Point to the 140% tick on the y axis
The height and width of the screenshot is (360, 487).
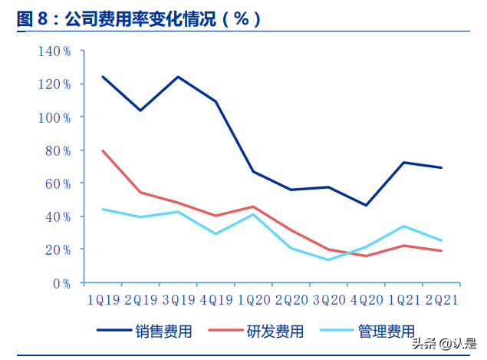coord(54,51)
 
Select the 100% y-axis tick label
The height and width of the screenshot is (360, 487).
coord(54,117)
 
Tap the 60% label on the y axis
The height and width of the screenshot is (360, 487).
coord(57,183)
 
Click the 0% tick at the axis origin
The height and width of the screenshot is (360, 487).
coord(62,283)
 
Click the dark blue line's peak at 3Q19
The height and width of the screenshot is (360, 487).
coord(178,77)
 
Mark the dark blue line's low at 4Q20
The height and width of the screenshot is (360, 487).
coord(366,205)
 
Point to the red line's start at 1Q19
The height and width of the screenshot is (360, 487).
coord(103,150)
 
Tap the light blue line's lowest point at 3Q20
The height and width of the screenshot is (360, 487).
coord(328,259)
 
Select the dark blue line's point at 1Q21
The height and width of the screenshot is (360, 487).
coord(403,163)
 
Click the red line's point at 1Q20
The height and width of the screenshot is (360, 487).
coord(253,206)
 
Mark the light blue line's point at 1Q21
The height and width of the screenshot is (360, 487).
coord(403,226)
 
